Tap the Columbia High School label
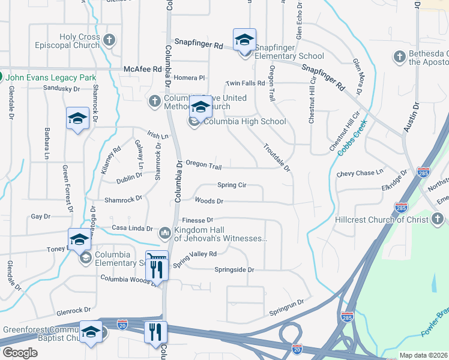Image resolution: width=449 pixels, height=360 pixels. coord(244,122)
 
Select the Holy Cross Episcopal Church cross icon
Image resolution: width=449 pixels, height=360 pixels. coord(109,41)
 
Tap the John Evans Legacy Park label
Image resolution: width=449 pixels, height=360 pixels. coord(59,78)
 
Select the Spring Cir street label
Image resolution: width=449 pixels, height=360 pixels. coord(232,185)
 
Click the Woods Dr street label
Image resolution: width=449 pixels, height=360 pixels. coord(209,202)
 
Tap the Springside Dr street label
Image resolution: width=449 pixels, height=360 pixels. coord(234,270)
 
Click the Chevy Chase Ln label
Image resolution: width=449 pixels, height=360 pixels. coord(360,173)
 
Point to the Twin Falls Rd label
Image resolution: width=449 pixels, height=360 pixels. coord(245,83)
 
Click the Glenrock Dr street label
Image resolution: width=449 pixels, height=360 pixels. coord(73,311)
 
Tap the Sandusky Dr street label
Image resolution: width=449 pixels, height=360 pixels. coord(62,89)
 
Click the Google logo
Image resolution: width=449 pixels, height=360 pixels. coord(20,353)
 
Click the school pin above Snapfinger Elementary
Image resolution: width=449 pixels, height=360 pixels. coord(244,40)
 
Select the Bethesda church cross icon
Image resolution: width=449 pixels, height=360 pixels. coord(399,57)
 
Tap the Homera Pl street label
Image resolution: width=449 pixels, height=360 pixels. coord(189,78)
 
